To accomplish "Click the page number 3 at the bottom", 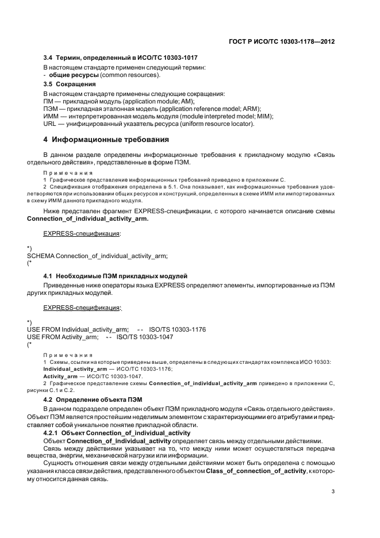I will tap(333, 491).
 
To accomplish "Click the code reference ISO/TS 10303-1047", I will tap(145, 336).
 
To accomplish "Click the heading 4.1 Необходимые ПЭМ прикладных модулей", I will tap(116, 277).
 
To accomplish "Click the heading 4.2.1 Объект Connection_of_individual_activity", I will tap(122, 432).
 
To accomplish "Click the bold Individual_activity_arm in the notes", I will tap(75, 368).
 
